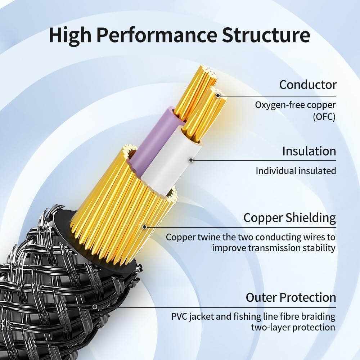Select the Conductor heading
tap(308, 85)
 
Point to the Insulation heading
tap(309, 151)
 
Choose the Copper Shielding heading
tap(289, 218)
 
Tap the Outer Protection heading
tap(291, 298)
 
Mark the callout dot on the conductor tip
tap(218, 96)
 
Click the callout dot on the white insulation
tap(191, 160)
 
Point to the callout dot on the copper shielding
tap(144, 227)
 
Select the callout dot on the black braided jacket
tap(95, 307)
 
